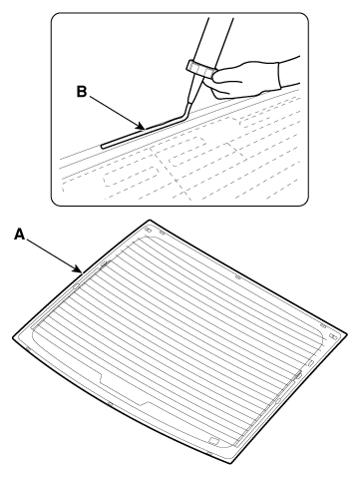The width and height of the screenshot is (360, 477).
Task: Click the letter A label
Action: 20,235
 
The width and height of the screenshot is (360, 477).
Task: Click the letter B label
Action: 82,92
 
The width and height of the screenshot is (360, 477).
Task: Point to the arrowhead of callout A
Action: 79,269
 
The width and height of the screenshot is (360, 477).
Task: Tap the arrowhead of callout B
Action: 142,127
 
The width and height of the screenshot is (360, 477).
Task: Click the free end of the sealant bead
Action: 103,146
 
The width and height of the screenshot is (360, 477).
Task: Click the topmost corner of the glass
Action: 150,220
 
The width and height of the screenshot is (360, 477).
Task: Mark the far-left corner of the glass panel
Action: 13,337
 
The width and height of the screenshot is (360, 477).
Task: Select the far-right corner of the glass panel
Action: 347,333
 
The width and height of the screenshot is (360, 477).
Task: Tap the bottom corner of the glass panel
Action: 230,463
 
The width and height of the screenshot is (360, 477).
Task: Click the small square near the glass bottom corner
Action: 213,441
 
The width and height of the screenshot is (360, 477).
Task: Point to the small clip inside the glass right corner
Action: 332,336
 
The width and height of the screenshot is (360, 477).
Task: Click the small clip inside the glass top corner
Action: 149,231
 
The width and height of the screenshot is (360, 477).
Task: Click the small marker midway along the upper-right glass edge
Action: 238,277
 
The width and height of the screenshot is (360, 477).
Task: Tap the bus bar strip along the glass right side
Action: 268,408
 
